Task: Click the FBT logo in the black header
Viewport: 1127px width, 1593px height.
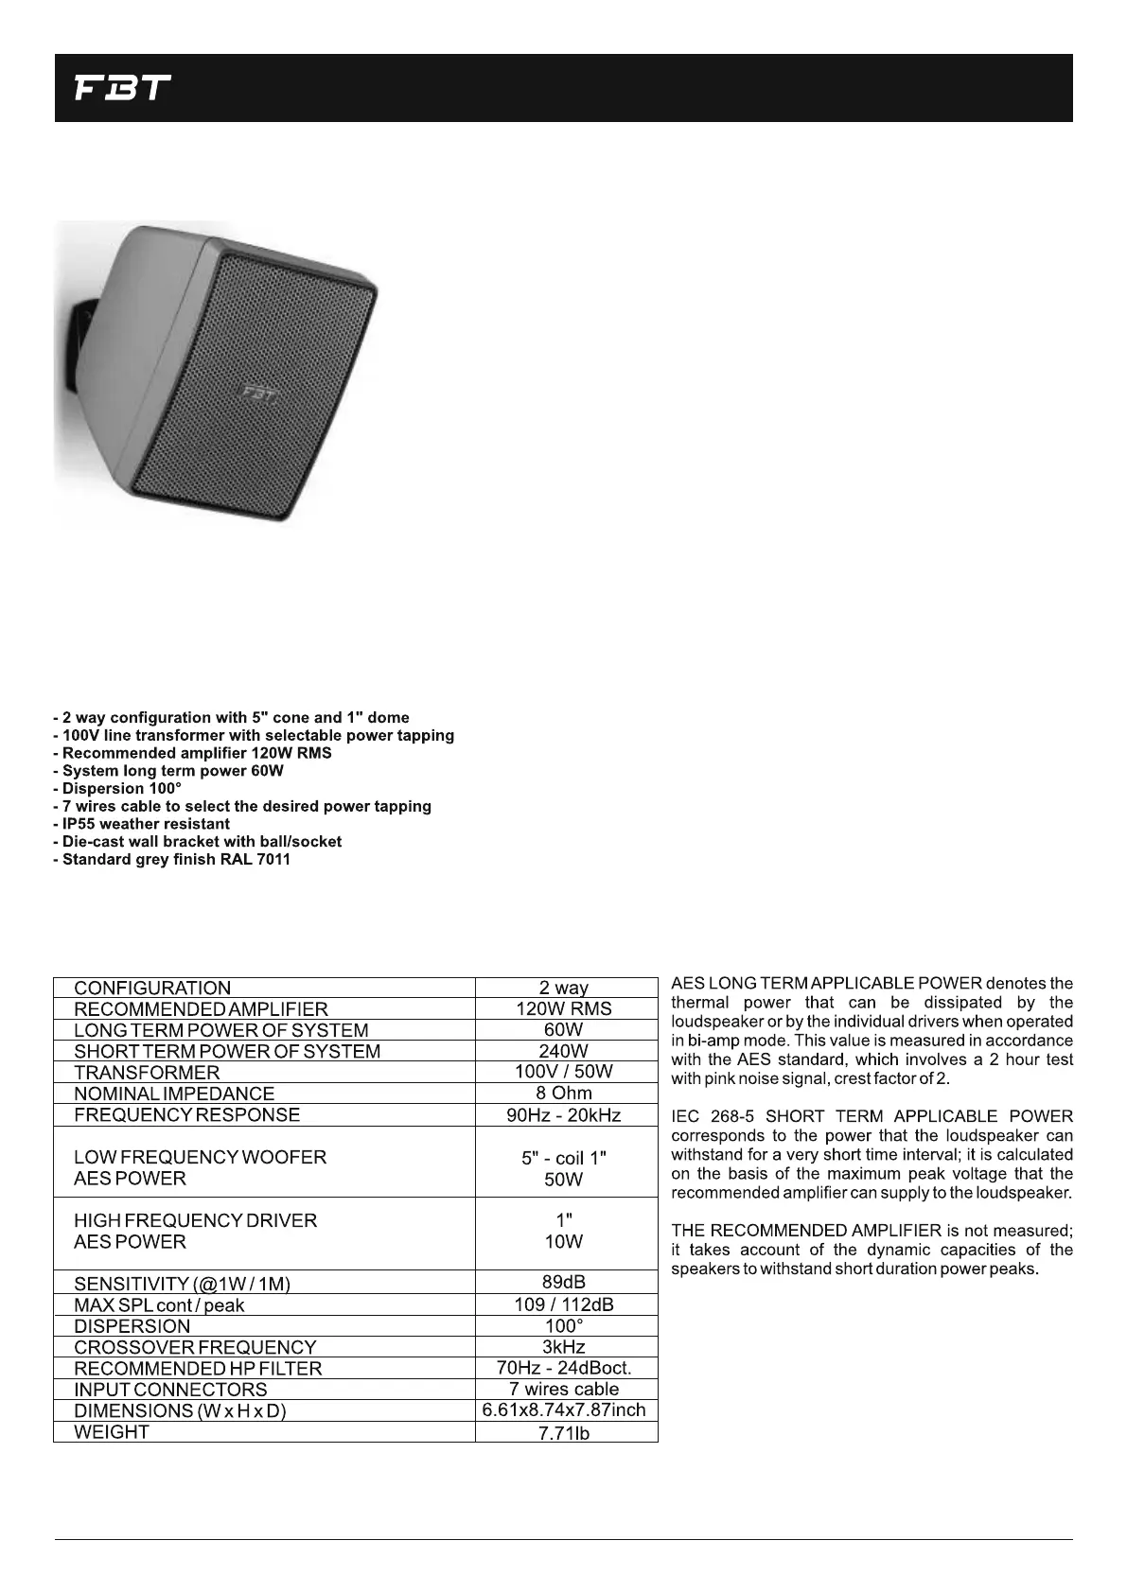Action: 123,89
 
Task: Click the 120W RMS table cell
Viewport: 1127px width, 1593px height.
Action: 564,1009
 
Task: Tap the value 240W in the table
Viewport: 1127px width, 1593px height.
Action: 564,1051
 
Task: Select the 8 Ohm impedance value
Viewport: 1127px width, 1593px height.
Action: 564,1094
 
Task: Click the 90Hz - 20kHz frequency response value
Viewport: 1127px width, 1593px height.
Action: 564,1115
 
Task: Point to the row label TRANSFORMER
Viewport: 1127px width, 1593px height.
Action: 147,1073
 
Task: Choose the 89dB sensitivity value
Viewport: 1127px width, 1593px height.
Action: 564,1283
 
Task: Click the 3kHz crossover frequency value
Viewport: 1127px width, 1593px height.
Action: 564,1347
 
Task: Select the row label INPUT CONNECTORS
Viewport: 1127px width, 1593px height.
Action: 170,1390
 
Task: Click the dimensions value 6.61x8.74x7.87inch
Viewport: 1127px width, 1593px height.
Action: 564,1410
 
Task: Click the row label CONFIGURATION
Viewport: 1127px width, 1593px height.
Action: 152,989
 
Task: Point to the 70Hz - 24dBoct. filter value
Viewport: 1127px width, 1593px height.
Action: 564,1368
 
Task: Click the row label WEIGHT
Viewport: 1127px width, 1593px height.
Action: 112,1432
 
